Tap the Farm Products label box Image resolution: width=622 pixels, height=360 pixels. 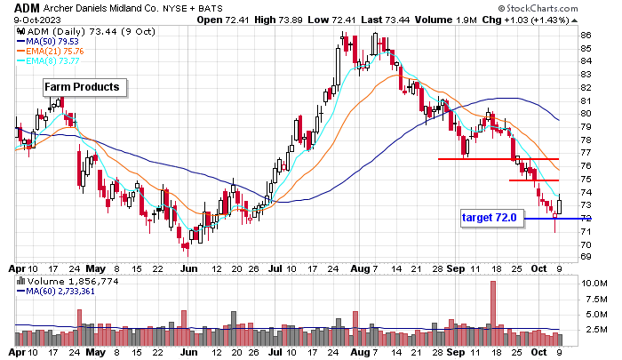(85, 87)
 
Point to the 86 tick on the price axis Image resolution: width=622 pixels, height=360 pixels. (586, 36)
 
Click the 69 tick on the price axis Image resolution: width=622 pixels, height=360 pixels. (586, 257)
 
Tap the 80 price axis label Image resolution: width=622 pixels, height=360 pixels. (586, 114)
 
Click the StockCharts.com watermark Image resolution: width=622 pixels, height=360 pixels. (564, 8)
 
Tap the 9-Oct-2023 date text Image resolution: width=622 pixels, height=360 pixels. (29, 20)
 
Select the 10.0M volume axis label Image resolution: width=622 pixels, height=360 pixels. (594, 283)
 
